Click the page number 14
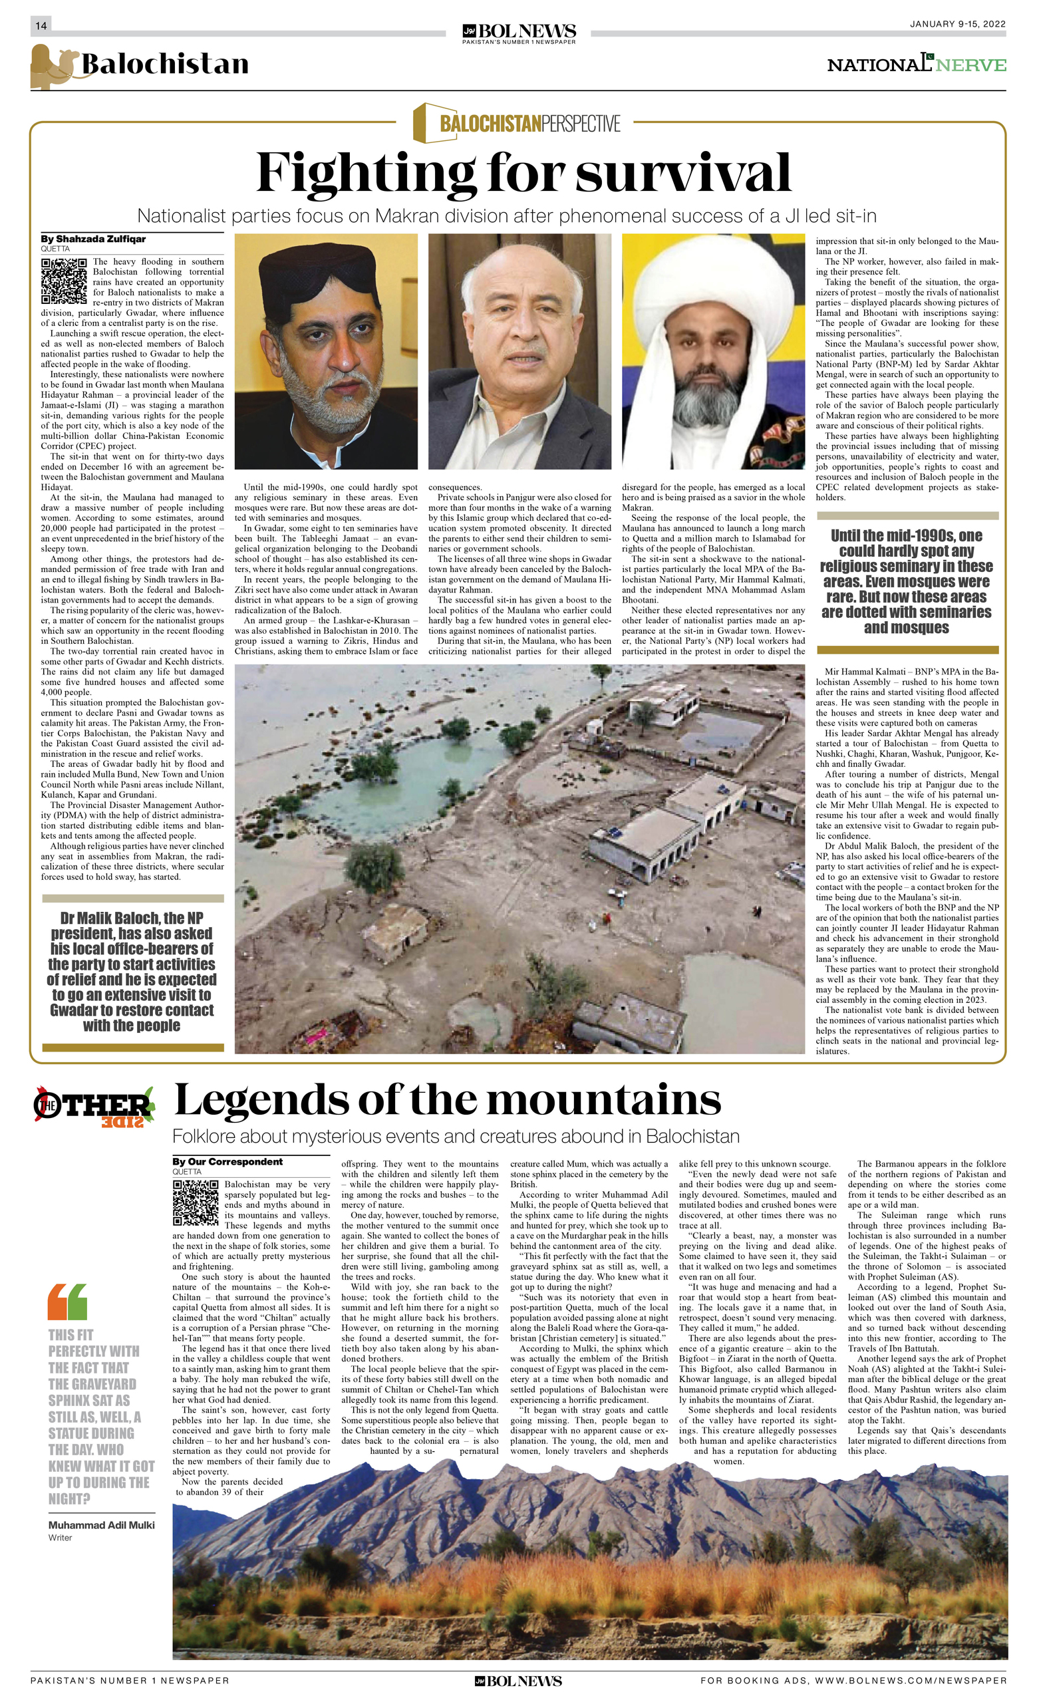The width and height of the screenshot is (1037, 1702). (41, 25)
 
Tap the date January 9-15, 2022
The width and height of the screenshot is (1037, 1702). (957, 24)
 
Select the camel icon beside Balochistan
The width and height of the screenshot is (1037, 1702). (53, 67)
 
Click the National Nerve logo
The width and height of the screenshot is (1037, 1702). (916, 65)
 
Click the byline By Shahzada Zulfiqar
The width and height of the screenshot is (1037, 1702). (93, 239)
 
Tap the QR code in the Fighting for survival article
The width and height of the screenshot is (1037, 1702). (64, 281)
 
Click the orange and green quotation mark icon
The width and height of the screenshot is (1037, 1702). (68, 1302)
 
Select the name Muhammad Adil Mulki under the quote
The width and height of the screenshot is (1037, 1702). (101, 1525)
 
